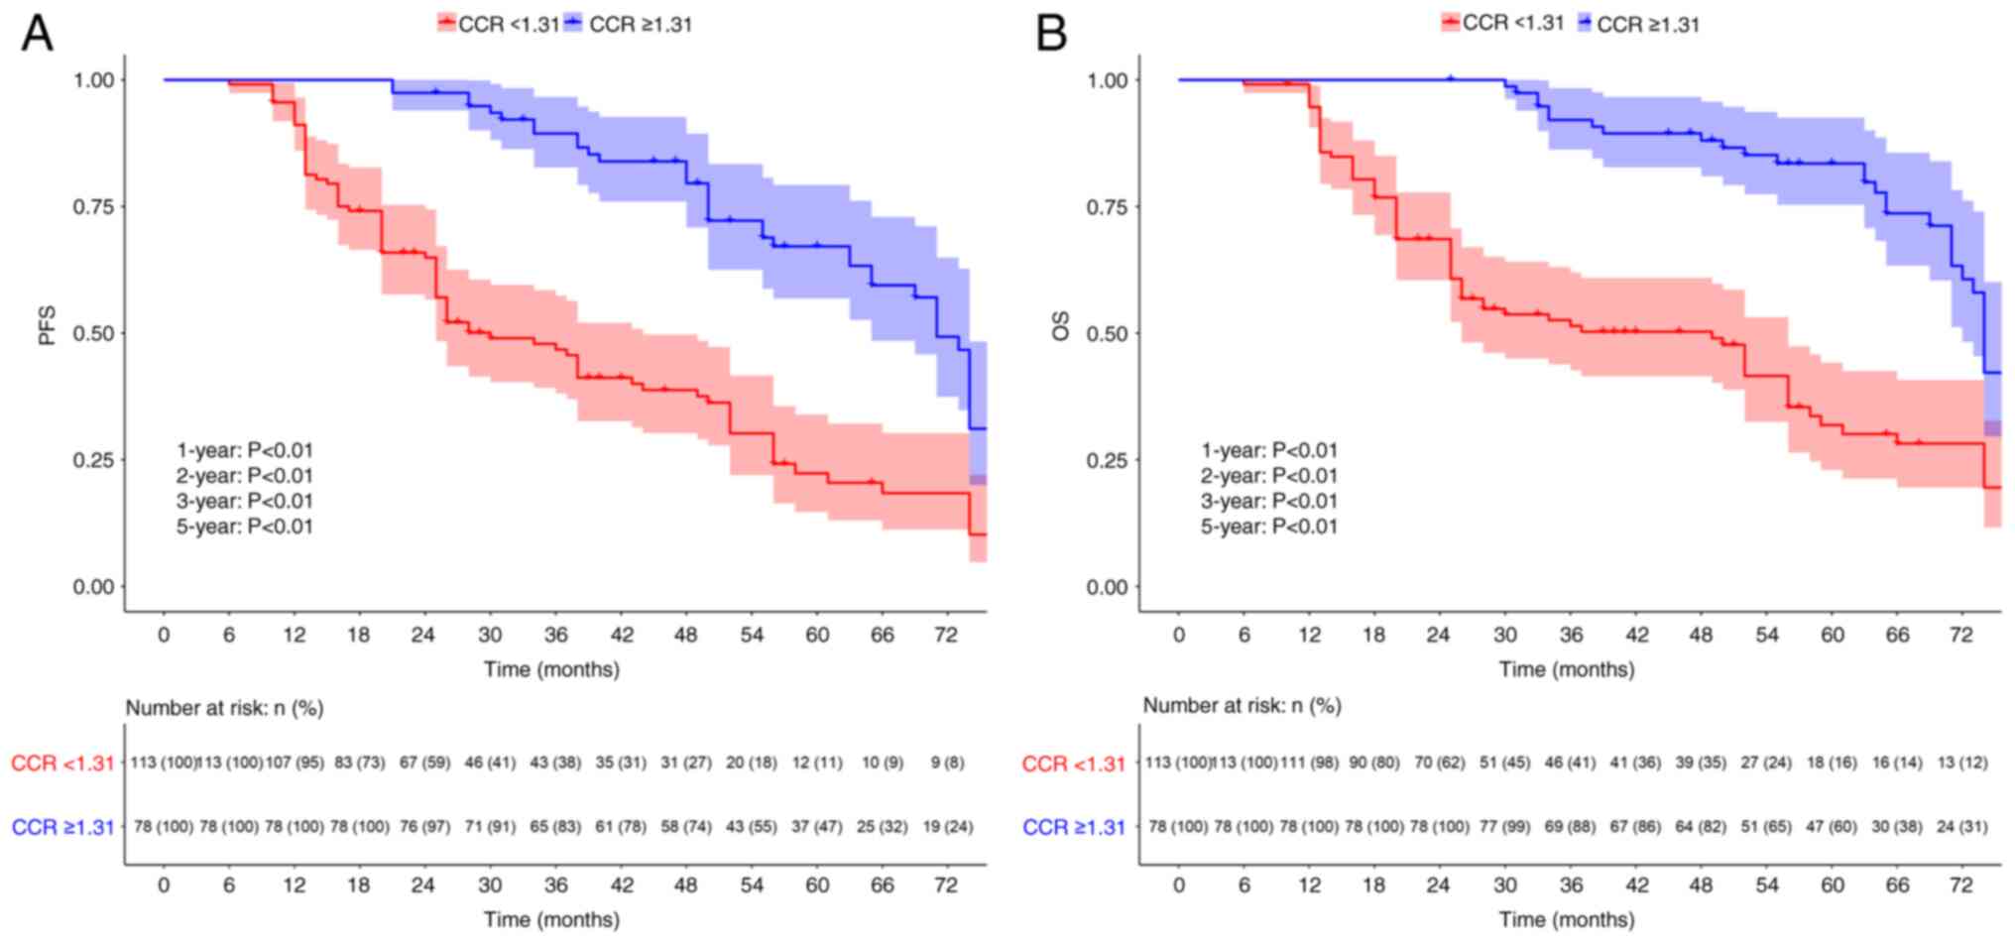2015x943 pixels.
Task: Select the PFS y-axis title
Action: click(48, 326)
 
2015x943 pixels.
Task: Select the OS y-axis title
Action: click(1061, 326)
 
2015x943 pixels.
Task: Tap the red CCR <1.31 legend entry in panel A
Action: click(499, 24)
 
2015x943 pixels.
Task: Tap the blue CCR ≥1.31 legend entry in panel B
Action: click(1637, 24)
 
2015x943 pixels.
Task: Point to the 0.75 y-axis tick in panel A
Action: click(93, 206)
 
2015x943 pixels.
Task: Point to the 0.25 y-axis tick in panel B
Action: click(1108, 460)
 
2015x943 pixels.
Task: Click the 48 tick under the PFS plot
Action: click(686, 635)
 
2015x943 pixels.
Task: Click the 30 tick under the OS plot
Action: click(1505, 635)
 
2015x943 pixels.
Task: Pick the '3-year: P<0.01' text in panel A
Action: click(245, 501)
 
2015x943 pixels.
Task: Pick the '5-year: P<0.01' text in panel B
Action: click(1269, 527)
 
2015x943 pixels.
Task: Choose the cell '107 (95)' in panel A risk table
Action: click(295, 763)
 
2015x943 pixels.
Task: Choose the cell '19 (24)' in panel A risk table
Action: click(947, 826)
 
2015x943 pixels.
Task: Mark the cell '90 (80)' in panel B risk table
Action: click(1374, 763)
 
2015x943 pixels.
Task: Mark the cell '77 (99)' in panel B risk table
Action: click(1505, 826)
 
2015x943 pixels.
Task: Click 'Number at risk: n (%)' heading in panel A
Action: click(224, 708)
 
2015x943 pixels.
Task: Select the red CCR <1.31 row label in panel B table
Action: click(1074, 764)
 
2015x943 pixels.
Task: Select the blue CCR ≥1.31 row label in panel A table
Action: click(63, 827)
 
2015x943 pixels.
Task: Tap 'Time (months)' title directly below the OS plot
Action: click(1567, 669)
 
